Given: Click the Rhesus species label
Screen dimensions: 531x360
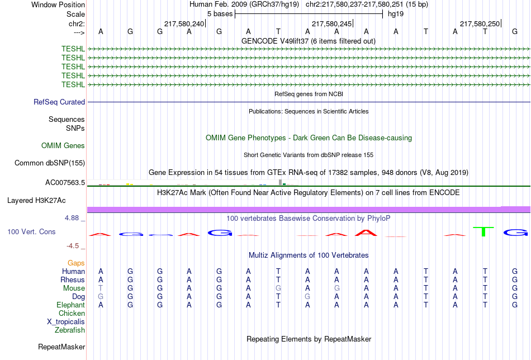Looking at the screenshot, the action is click(73, 280).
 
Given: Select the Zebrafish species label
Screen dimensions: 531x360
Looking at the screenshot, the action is click(70, 330).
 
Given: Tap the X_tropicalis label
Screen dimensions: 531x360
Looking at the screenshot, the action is click(66, 322).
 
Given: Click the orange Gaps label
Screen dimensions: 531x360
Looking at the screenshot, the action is click(76, 263).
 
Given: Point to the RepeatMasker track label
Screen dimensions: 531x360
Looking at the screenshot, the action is click(61, 347).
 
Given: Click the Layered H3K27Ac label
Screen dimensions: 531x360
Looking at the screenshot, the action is click(36, 201).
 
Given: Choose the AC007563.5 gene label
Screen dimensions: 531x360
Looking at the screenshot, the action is click(65, 183).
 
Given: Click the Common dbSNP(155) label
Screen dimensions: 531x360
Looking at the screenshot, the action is click(49, 163).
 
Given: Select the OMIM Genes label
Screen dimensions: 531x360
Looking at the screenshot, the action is click(63, 146).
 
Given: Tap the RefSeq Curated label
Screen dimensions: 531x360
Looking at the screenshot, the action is click(59, 102).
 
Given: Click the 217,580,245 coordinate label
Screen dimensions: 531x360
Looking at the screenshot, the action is click(331, 23).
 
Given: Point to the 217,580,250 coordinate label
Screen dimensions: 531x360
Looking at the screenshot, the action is click(480, 23).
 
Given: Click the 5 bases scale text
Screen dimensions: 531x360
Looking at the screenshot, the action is click(220, 14).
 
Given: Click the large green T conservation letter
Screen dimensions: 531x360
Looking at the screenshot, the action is click(483, 231).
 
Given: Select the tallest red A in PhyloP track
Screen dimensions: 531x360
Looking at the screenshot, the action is click(366, 233).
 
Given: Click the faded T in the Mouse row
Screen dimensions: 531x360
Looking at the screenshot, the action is click(101, 288).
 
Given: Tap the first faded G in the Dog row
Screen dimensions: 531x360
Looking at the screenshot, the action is click(101, 297).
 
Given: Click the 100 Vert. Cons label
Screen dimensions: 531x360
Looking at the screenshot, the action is click(31, 231).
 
